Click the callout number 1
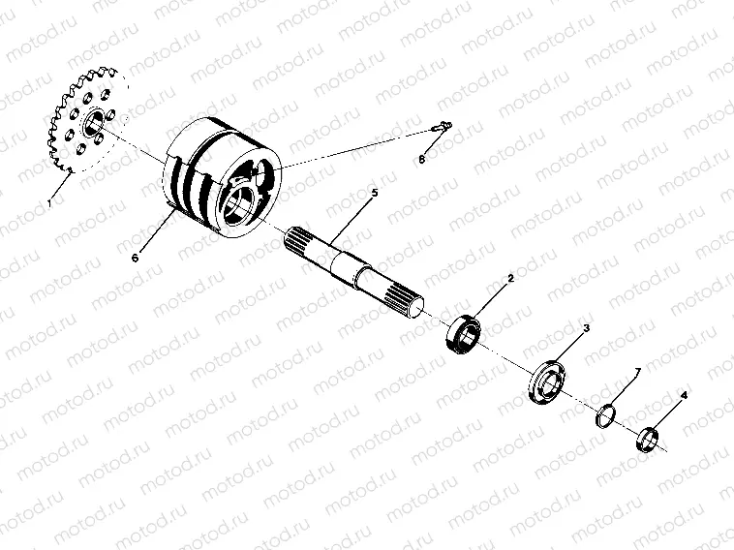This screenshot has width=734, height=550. coord(48,204)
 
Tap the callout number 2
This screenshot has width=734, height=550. coord(510,279)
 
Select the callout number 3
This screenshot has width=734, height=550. coord(585,329)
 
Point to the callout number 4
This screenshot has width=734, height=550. coord(684,396)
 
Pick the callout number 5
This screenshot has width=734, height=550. coord(375,194)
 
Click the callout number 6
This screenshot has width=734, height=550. coord(136,257)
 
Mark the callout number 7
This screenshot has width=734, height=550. coord(636,372)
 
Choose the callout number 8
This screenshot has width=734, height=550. coord(422,157)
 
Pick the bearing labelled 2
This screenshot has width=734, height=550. coord(466,329)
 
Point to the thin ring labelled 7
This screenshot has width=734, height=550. coord(605,414)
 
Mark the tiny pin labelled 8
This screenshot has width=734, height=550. coord(441,126)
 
